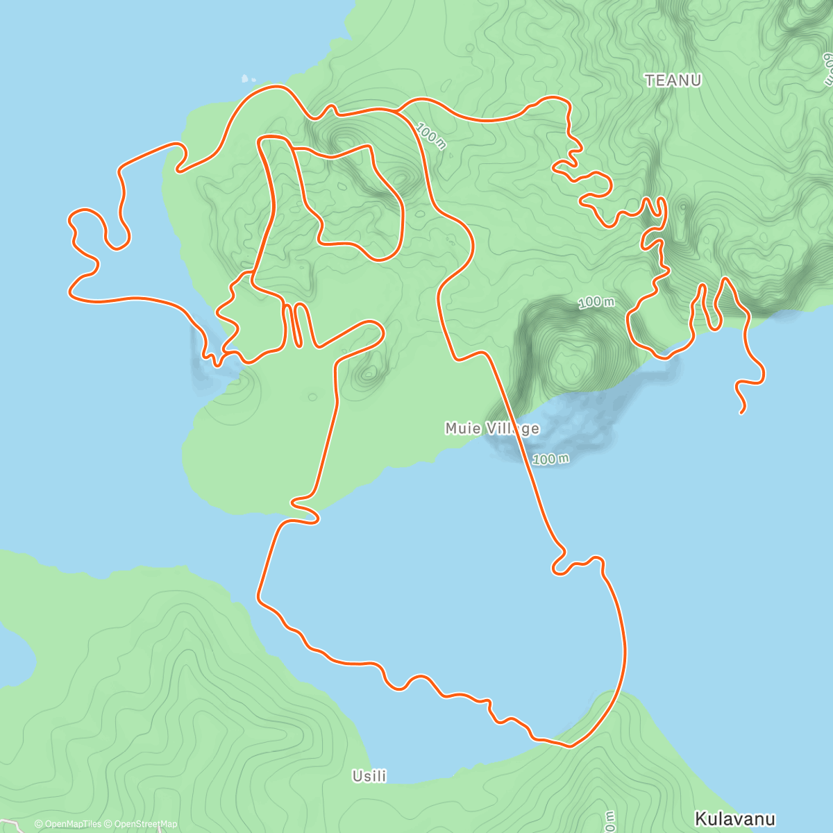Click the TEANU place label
673,81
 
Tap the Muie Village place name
491,428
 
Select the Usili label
369,776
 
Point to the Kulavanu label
734,818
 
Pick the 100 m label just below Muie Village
551,459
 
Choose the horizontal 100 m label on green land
596,302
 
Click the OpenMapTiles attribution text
73,824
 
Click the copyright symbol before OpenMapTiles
38,824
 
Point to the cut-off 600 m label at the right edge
827,66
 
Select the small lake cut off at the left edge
14,656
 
